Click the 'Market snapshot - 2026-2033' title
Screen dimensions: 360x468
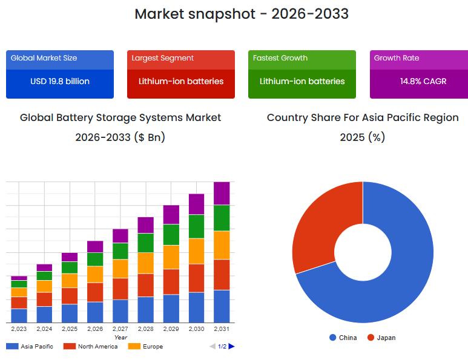click(x=241, y=14)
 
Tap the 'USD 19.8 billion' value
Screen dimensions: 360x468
click(x=60, y=81)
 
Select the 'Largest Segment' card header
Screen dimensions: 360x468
click(x=163, y=58)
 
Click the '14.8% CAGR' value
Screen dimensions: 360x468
click(x=423, y=81)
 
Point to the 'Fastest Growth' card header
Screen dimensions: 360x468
click(x=280, y=58)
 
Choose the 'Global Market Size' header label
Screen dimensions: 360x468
click(x=44, y=58)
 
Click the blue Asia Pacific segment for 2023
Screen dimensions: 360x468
click(x=19, y=315)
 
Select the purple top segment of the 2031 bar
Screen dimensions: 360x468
click(x=222, y=193)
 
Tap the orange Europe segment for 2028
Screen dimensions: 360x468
click(x=145, y=263)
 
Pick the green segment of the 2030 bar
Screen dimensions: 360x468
click(x=196, y=226)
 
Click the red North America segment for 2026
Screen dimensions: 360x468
click(x=95, y=292)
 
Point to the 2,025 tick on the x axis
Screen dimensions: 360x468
click(x=70, y=329)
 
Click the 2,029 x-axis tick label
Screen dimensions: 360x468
click(x=171, y=329)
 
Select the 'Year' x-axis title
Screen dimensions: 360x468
click(x=120, y=337)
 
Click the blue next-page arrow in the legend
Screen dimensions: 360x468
click(x=231, y=347)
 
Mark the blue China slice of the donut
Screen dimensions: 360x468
click(x=400, y=272)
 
